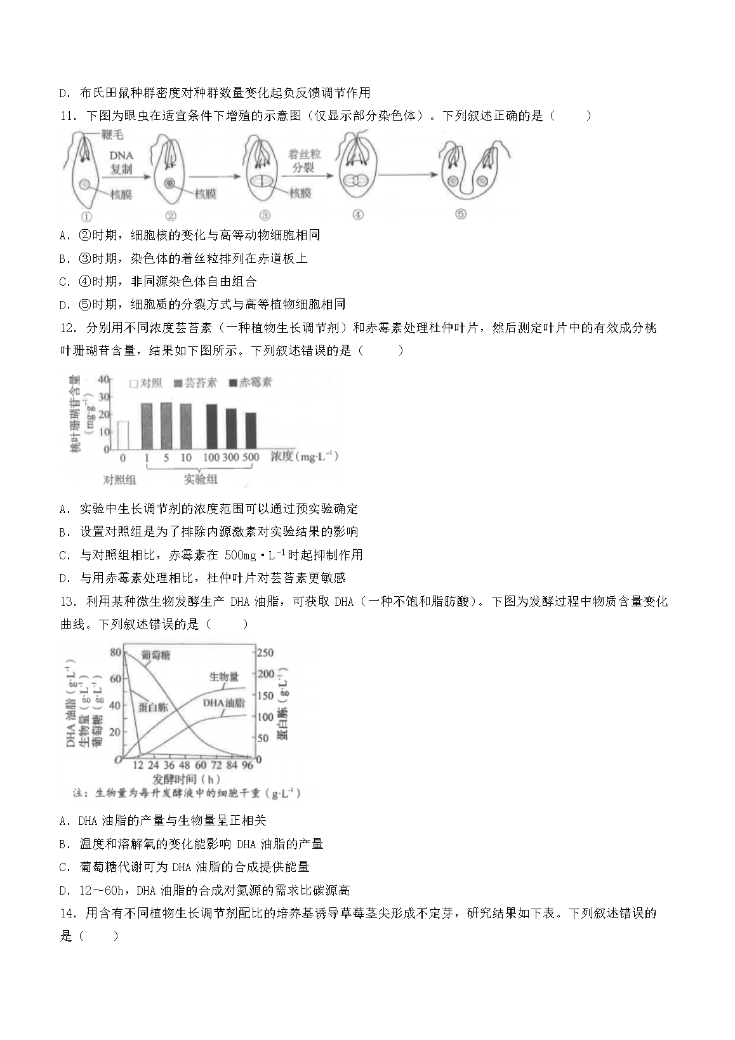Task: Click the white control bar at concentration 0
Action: (x=122, y=435)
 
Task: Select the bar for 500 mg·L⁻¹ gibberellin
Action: (x=251, y=431)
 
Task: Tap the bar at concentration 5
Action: (x=166, y=426)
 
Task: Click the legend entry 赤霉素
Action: (x=251, y=382)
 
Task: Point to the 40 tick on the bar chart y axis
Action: (x=104, y=380)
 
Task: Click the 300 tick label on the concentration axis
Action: (x=231, y=458)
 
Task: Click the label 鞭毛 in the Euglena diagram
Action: (x=112, y=135)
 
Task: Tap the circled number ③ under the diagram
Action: (x=265, y=215)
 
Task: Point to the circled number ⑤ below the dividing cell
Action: (x=461, y=215)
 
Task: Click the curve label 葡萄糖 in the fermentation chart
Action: (x=156, y=654)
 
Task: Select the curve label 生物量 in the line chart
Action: (x=224, y=677)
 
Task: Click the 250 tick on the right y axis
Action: (x=265, y=653)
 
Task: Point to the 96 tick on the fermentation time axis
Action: (x=248, y=766)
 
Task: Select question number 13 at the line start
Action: (x=67, y=601)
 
